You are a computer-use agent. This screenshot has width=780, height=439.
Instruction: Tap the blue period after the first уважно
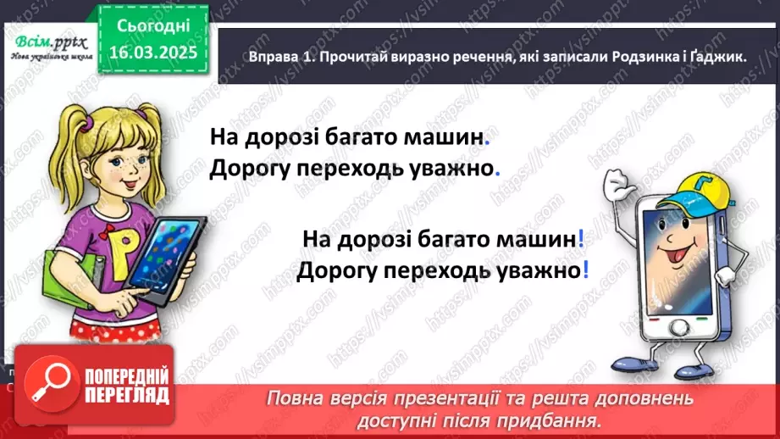[497, 169]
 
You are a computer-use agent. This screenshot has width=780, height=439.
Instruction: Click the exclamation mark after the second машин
[581, 240]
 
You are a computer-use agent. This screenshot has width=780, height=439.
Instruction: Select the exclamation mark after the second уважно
[585, 272]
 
